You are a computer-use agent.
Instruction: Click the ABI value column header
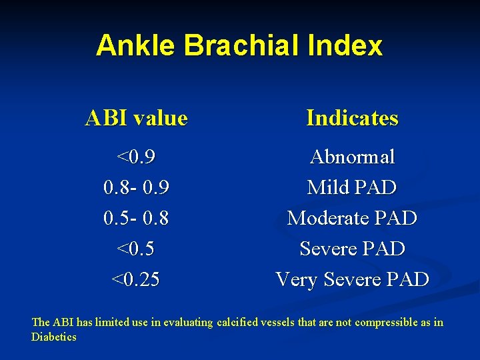click(137, 119)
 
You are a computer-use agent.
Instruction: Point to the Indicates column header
click(352, 119)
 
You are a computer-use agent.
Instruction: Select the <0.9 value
click(137, 157)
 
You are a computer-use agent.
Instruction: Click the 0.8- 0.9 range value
click(137, 188)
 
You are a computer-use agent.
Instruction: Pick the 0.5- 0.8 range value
click(137, 219)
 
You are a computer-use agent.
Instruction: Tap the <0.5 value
click(137, 249)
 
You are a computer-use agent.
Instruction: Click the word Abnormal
click(352, 157)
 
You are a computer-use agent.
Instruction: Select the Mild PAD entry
click(352, 188)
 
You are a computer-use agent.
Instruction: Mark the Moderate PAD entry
click(352, 219)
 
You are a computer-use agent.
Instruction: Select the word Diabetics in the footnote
click(54, 337)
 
